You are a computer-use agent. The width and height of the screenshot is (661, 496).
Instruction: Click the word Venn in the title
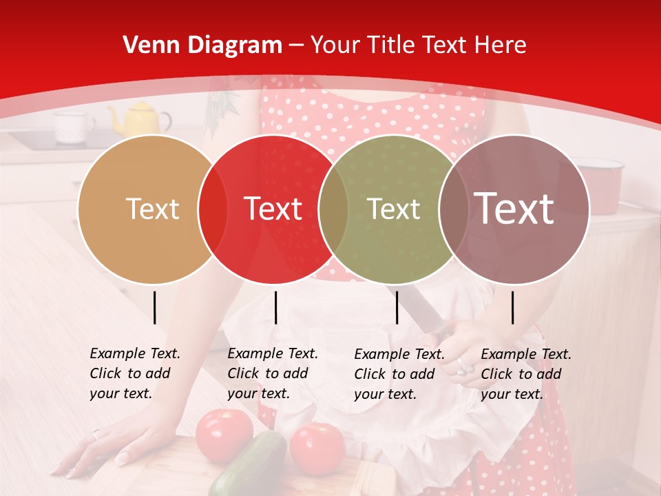click(x=146, y=45)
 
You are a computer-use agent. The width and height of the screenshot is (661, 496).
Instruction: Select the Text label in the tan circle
click(x=152, y=209)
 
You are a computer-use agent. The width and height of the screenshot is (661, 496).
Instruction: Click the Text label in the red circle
click(x=273, y=209)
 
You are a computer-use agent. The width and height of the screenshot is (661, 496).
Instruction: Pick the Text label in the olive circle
click(x=393, y=209)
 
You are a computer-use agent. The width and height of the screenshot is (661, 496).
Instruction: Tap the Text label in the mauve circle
click(x=514, y=209)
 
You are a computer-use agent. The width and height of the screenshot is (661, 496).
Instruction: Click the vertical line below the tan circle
click(x=155, y=307)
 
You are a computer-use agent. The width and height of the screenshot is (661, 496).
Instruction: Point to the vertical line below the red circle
click(x=275, y=307)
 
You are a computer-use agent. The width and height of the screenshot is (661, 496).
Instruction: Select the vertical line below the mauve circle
click(x=513, y=307)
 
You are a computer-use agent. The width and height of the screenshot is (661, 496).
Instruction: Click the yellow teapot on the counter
click(x=140, y=118)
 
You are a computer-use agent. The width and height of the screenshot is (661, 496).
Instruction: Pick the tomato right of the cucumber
click(x=317, y=448)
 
